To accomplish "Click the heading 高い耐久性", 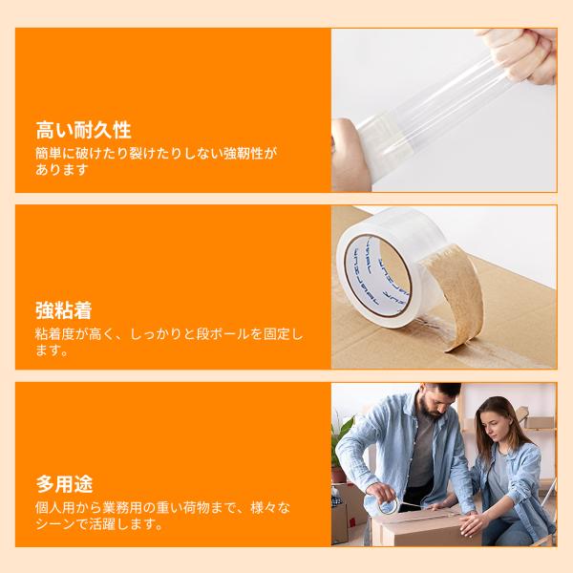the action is pos(83,130).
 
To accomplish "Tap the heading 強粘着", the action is pos(64,310).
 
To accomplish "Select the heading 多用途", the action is pos(64,484).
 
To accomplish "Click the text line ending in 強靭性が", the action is pos(156,153).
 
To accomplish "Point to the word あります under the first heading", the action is pos(62,170).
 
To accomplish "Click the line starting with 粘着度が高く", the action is pos(169,334).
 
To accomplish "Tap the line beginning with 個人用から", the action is pos(163,508).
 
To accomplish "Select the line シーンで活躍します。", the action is pos(99,524).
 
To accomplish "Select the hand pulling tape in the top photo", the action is pos(522,54).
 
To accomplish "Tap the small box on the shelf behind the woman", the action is pos(539,422).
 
